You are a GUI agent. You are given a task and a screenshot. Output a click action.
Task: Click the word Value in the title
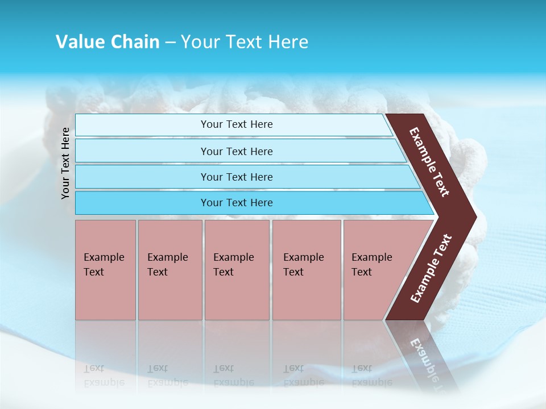pos(78,42)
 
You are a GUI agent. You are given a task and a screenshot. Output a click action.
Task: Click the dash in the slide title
pos(170,43)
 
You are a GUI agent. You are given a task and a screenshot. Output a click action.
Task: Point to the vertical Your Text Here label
pos(65,163)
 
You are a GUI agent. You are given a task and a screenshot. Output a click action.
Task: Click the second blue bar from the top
pos(236,151)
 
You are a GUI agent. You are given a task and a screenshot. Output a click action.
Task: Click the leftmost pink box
pos(105,270)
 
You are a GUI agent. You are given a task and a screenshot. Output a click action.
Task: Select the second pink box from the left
pos(170,270)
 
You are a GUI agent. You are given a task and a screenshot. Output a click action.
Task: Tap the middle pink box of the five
pos(237,270)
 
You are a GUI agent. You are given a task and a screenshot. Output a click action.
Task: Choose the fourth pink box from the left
pos(307,270)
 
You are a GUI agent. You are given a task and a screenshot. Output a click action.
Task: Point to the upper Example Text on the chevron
pos(429,162)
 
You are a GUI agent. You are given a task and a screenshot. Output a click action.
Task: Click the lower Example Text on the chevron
pos(431,268)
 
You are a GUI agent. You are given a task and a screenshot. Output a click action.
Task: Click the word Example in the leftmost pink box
pos(104,257)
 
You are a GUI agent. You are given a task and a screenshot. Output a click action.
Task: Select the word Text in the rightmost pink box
pos(362,272)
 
